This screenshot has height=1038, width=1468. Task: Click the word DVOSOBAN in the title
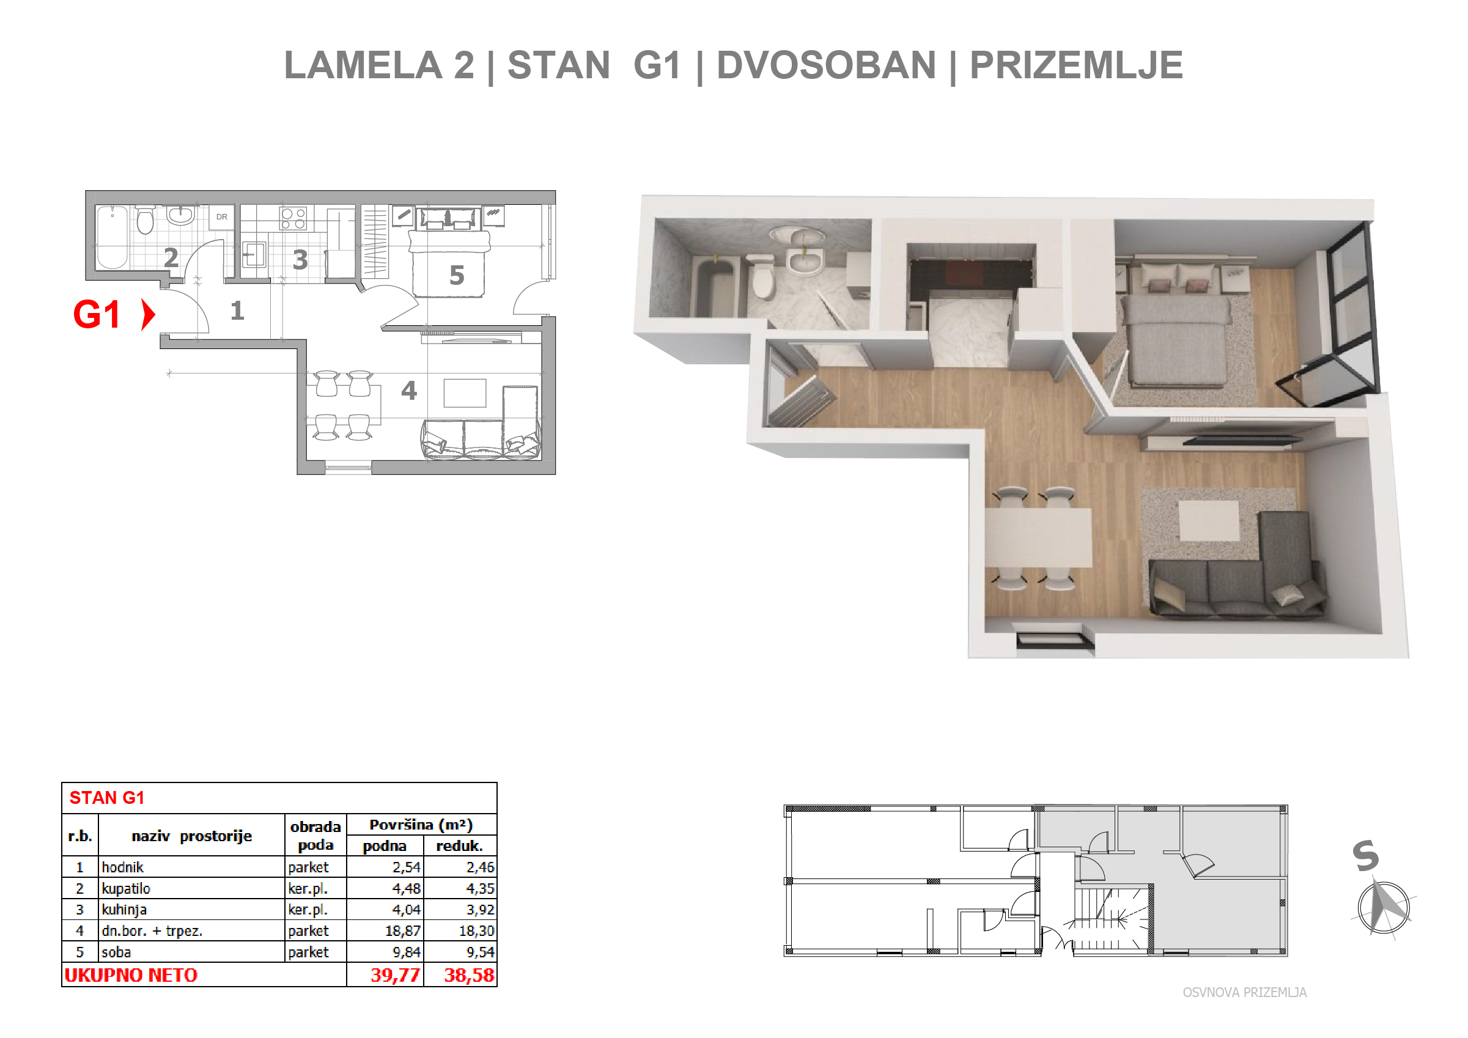tap(826, 65)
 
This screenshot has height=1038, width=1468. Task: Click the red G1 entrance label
tap(97, 314)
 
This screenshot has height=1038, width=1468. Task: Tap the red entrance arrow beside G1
tap(149, 314)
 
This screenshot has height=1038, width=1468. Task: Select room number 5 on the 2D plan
tap(457, 276)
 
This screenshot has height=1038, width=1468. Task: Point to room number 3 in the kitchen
tap(300, 259)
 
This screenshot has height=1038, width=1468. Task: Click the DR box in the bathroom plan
tap(222, 216)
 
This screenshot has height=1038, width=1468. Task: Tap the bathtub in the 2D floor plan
tap(112, 237)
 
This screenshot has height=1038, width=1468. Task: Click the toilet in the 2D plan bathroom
tap(146, 219)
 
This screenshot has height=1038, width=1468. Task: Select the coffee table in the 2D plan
tap(465, 393)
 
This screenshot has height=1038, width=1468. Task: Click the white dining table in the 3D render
tap(1038, 537)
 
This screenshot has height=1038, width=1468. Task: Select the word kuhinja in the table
tap(124, 910)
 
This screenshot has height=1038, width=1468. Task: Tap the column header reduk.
tap(459, 845)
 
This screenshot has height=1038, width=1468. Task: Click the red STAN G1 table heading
tap(107, 798)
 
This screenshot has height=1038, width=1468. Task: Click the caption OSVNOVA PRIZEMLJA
tap(1244, 992)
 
